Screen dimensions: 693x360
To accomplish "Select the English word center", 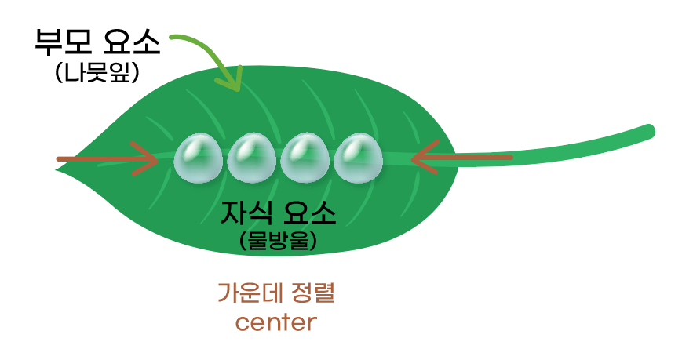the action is tap(275, 322).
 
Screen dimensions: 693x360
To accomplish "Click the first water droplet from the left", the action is tap(198, 158).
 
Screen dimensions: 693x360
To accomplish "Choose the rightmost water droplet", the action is tap(358, 158).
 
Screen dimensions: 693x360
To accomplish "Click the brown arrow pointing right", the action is tap(106, 159).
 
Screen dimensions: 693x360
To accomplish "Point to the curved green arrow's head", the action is tap(233, 82).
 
